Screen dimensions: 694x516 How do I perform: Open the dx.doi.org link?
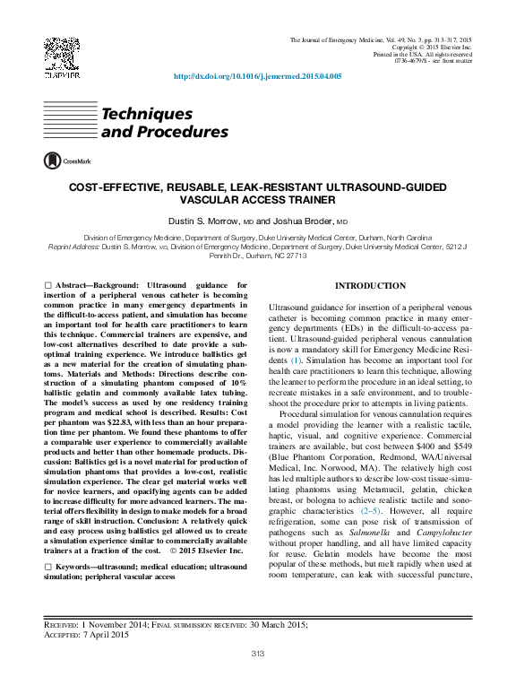[x=257, y=77]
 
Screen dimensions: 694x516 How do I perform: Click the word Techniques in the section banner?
[x=147, y=115]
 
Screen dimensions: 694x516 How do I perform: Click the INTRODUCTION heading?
[x=369, y=286]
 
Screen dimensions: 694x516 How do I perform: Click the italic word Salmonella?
[x=362, y=520]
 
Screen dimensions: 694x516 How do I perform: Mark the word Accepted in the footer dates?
[x=64, y=634]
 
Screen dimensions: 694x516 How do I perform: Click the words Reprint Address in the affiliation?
[x=73, y=246]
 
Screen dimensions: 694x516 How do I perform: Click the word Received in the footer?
[x=63, y=623]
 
